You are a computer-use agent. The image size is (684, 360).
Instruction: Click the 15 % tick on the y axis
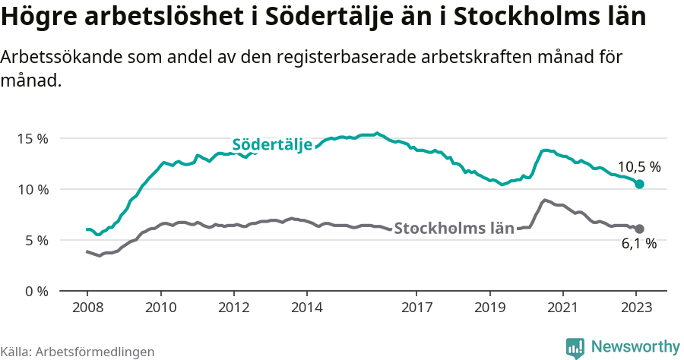point(33,139)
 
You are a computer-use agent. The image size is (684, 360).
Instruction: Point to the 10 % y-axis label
point(33,189)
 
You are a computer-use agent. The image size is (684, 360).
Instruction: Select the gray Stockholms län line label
point(454,228)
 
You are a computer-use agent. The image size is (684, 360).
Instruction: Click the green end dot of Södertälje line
point(640,184)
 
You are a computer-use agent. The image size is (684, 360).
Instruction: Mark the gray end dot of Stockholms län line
point(640,229)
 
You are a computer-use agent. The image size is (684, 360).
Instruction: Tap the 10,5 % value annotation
point(639,166)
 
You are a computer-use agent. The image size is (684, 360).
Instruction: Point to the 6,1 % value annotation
point(639,244)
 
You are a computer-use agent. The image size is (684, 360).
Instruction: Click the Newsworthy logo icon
point(575,348)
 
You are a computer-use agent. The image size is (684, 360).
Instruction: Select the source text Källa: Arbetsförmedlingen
point(78,352)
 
